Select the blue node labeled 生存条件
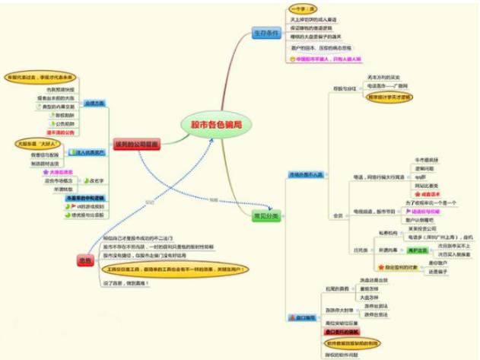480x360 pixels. click(x=266, y=34)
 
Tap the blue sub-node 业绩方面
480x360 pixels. click(x=94, y=102)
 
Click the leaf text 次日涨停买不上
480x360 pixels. click(x=445, y=245)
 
